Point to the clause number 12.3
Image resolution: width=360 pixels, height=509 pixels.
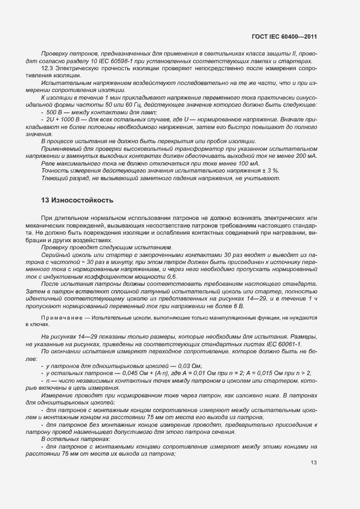point(47,68)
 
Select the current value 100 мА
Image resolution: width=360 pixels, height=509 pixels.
point(248,163)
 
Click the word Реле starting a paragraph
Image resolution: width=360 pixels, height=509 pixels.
point(49,163)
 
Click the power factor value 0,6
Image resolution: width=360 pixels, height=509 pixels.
point(172,277)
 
